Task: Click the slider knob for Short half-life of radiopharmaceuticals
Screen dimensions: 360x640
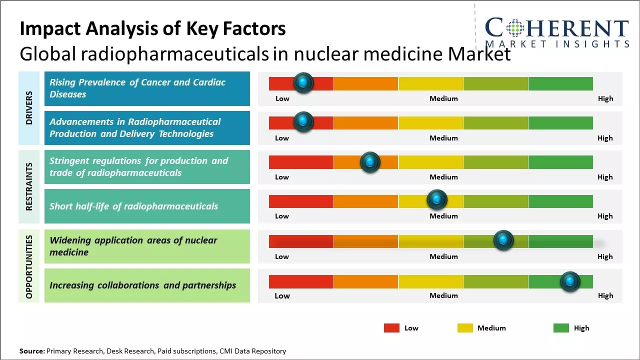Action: coord(437,200)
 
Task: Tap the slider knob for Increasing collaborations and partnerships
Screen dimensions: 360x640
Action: coord(570,281)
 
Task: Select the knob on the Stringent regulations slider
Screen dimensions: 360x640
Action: coord(370,162)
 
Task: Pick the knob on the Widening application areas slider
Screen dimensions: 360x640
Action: coord(503,240)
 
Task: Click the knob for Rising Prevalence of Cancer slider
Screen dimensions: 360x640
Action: coord(303,83)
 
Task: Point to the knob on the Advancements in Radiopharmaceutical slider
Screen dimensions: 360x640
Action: coord(303,122)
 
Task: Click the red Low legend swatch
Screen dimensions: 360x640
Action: coord(391,328)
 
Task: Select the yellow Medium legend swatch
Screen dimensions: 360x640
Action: coord(465,328)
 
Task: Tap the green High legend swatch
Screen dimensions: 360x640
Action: coord(561,328)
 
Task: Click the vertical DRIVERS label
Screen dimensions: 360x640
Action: coord(28,108)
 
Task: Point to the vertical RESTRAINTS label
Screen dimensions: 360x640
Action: coord(28,186)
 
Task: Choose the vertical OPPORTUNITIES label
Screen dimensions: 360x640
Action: coord(28,266)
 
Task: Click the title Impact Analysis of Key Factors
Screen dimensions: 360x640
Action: coord(152,28)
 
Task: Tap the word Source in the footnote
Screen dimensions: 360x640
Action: coord(32,351)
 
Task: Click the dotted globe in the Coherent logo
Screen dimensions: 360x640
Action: coord(514,27)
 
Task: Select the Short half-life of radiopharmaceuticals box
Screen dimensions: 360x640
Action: coord(147,206)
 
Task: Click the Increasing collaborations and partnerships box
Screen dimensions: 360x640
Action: coord(147,285)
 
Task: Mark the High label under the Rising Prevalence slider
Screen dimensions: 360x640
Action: coord(605,98)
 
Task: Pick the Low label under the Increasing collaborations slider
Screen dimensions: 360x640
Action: coord(282,295)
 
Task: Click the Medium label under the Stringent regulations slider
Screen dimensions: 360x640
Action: coord(443,177)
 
